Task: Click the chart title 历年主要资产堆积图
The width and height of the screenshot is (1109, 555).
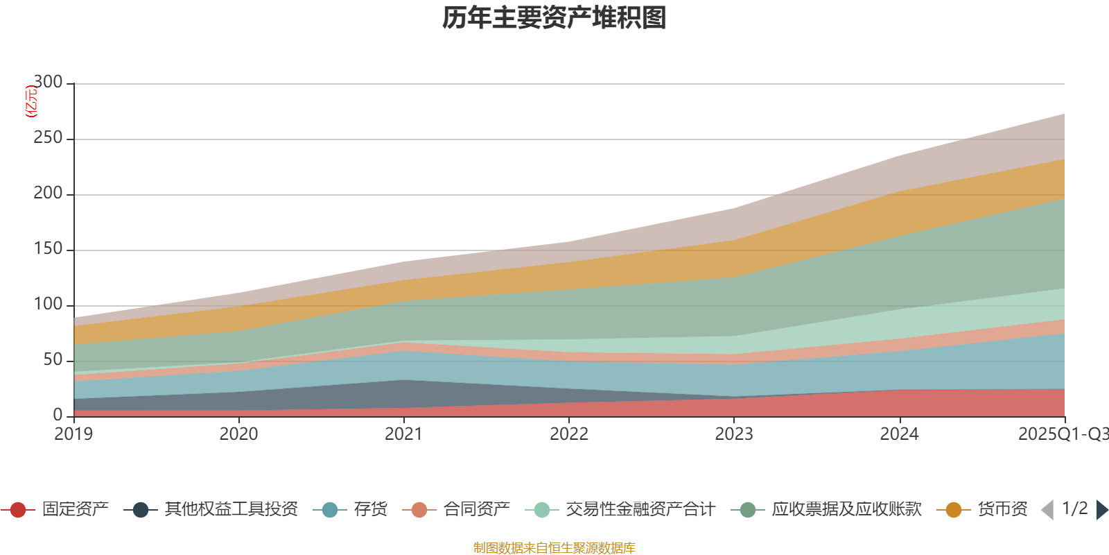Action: coord(554,18)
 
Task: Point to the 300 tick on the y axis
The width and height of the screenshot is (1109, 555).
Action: coord(48,83)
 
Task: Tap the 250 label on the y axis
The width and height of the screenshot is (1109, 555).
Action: coord(48,138)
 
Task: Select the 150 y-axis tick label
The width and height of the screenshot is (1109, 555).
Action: coord(48,249)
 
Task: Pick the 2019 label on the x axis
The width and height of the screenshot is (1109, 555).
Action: coord(73,434)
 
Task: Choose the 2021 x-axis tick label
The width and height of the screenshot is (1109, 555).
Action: coord(403,434)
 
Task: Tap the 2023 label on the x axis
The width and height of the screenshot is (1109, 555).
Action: coord(734,434)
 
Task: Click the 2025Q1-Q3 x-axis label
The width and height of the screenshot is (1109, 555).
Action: coord(1063,434)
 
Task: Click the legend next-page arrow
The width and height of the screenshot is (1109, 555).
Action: coord(1101,510)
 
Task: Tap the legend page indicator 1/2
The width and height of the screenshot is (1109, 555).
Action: coord(1074,509)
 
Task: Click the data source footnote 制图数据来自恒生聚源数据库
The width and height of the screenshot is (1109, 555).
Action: coord(554,548)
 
